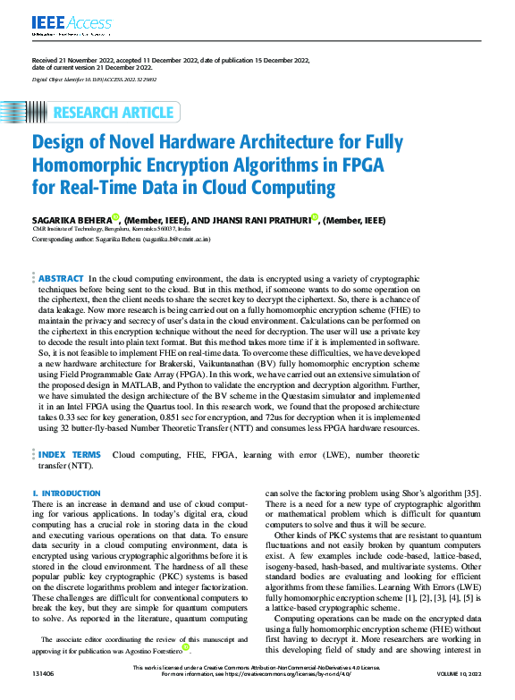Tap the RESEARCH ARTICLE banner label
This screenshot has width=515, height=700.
click(114, 112)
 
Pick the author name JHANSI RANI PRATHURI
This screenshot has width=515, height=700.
click(266, 219)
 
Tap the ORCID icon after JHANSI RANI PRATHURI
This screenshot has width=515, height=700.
click(315, 217)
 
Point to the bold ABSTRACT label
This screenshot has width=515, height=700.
click(62, 279)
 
